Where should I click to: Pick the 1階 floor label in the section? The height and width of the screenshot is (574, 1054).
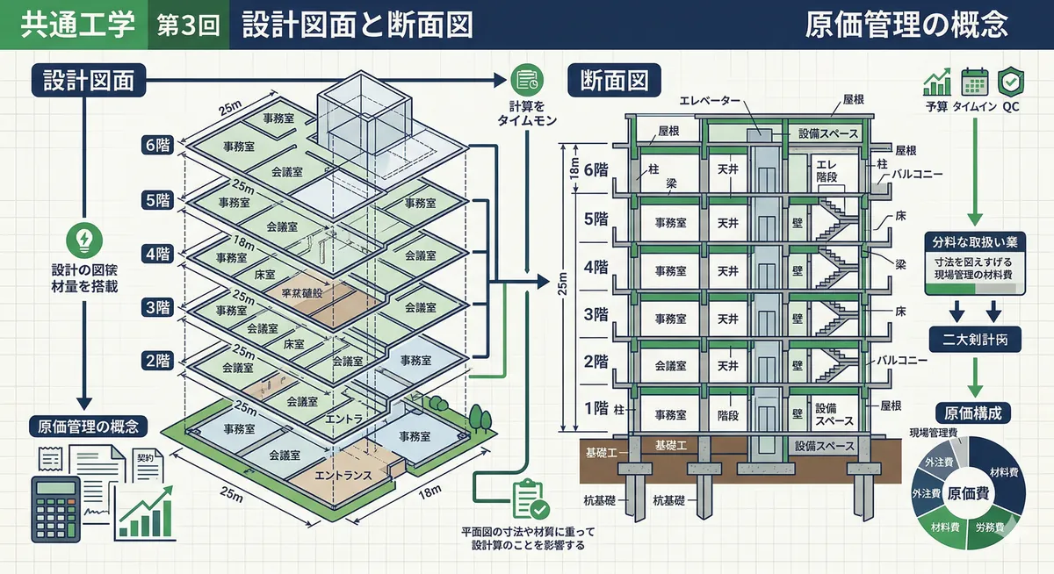click(596, 407)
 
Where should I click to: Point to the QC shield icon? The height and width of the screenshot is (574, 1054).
click(1011, 82)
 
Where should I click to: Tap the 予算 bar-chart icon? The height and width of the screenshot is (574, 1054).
click(938, 83)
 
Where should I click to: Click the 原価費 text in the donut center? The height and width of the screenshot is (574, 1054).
click(970, 493)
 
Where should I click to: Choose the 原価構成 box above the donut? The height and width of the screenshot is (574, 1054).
click(972, 412)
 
